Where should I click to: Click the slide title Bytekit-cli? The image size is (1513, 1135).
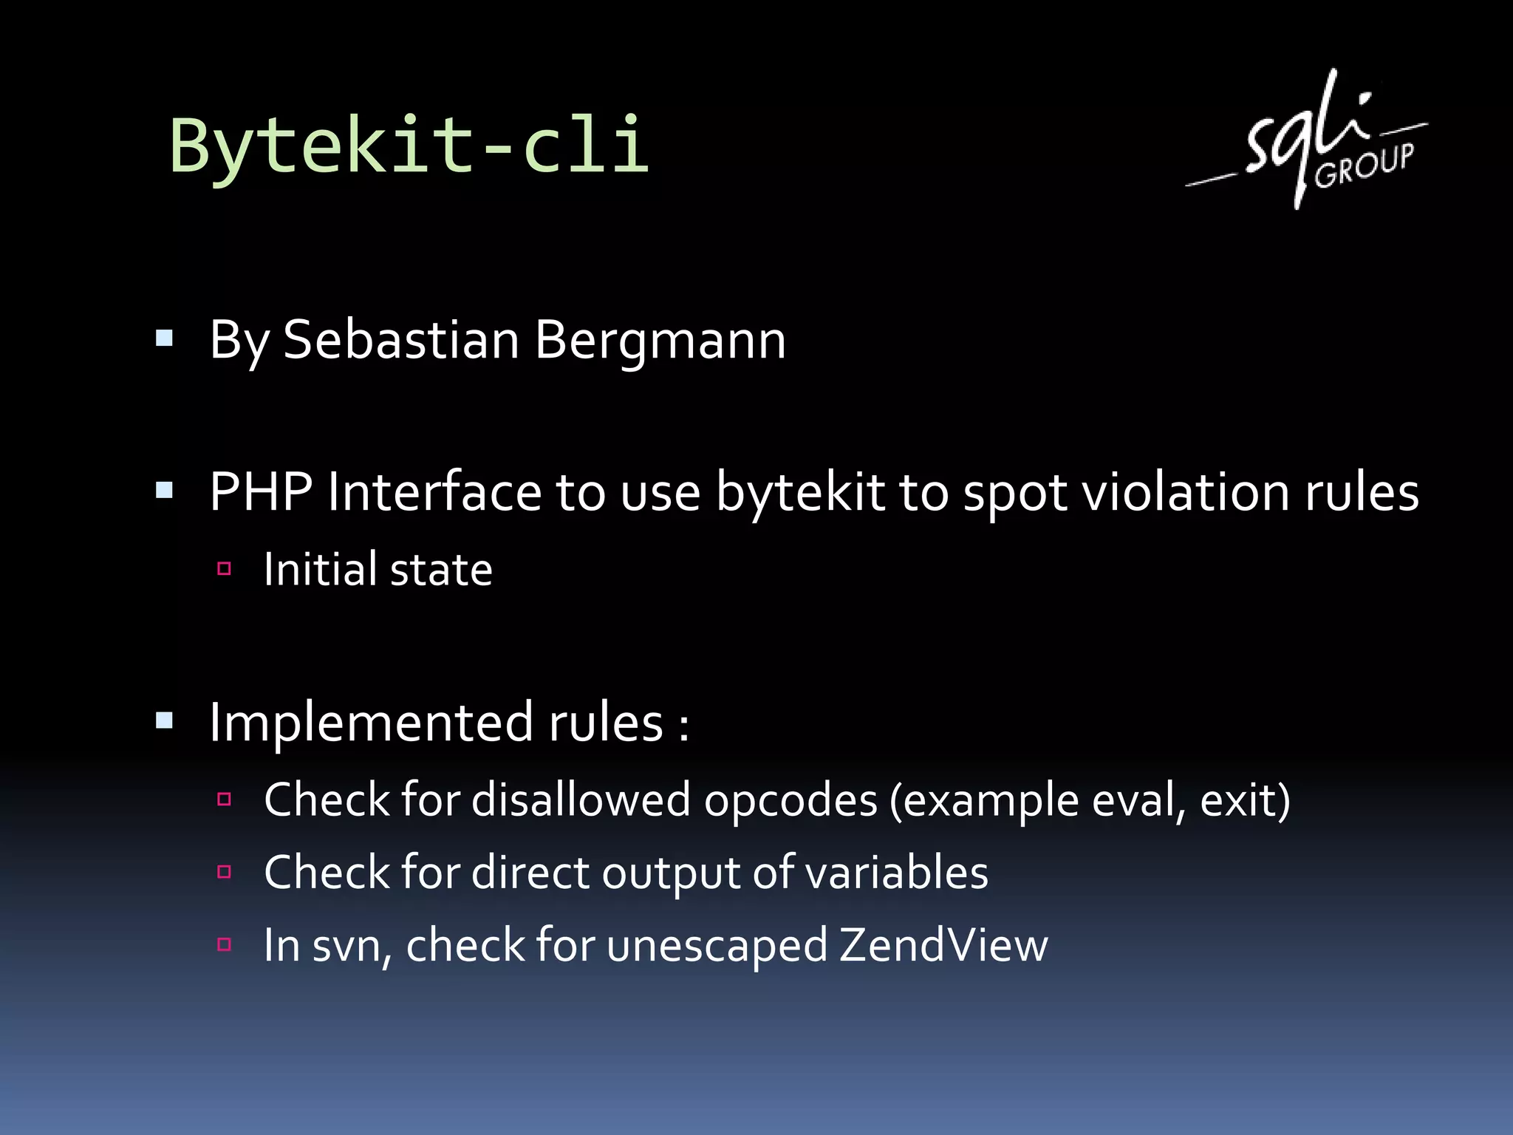pos(409,146)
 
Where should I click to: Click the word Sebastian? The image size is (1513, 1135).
pos(401,341)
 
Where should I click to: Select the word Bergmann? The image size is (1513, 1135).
pos(660,342)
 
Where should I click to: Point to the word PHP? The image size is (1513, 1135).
pos(261,491)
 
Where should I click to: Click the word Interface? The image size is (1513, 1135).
pos(434,491)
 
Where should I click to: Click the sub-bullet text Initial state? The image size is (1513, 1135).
pos(378,570)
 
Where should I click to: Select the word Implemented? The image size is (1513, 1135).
pos(371,723)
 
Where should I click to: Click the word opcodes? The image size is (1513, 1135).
pos(790,800)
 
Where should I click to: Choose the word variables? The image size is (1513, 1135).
pos(896,873)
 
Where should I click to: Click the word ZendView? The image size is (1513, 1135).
pos(943,945)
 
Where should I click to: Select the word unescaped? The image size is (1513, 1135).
pos(717,947)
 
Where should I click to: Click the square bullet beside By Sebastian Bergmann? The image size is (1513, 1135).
pos(164,339)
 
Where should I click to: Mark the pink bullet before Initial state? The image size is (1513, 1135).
pos(225,569)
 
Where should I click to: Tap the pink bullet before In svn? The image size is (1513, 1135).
pos(225,944)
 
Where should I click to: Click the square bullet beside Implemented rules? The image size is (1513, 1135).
pos(164,720)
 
